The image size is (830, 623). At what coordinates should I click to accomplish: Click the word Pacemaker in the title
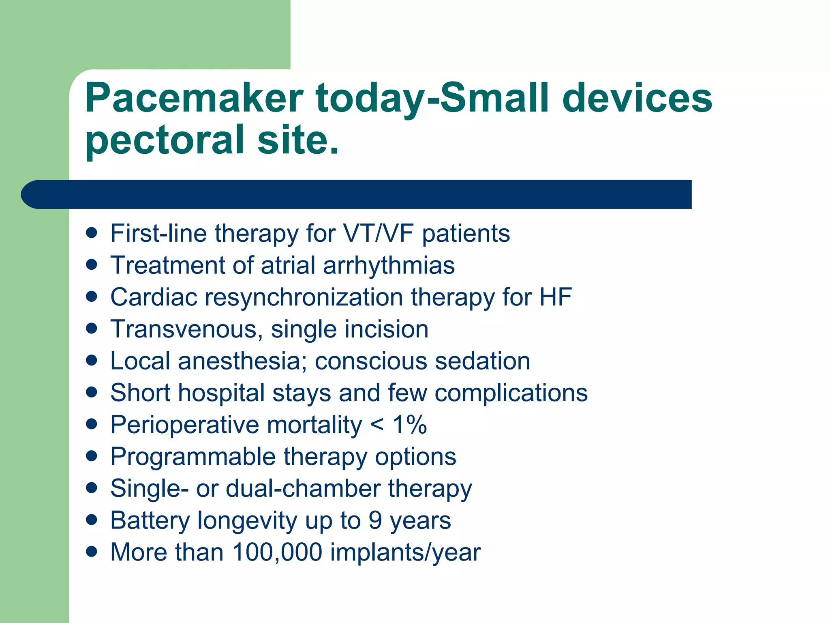point(194,98)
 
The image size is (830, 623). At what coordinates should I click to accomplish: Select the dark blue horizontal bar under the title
point(357,194)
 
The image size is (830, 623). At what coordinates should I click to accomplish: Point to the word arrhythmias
point(389,266)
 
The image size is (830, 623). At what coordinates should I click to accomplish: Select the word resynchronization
point(304,297)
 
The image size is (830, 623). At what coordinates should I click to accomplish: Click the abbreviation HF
point(555,297)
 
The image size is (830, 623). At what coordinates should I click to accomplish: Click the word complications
point(511,393)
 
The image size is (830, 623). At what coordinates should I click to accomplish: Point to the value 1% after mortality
point(409,425)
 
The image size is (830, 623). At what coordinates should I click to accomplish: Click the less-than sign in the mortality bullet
point(376,425)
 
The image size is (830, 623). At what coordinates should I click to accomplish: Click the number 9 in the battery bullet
point(375,520)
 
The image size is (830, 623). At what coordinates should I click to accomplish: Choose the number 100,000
point(277,552)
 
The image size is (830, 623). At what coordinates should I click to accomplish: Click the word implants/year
point(405,553)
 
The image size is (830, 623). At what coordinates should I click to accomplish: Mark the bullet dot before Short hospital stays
point(92,392)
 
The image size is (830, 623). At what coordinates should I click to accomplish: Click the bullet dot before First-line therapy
point(92,233)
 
